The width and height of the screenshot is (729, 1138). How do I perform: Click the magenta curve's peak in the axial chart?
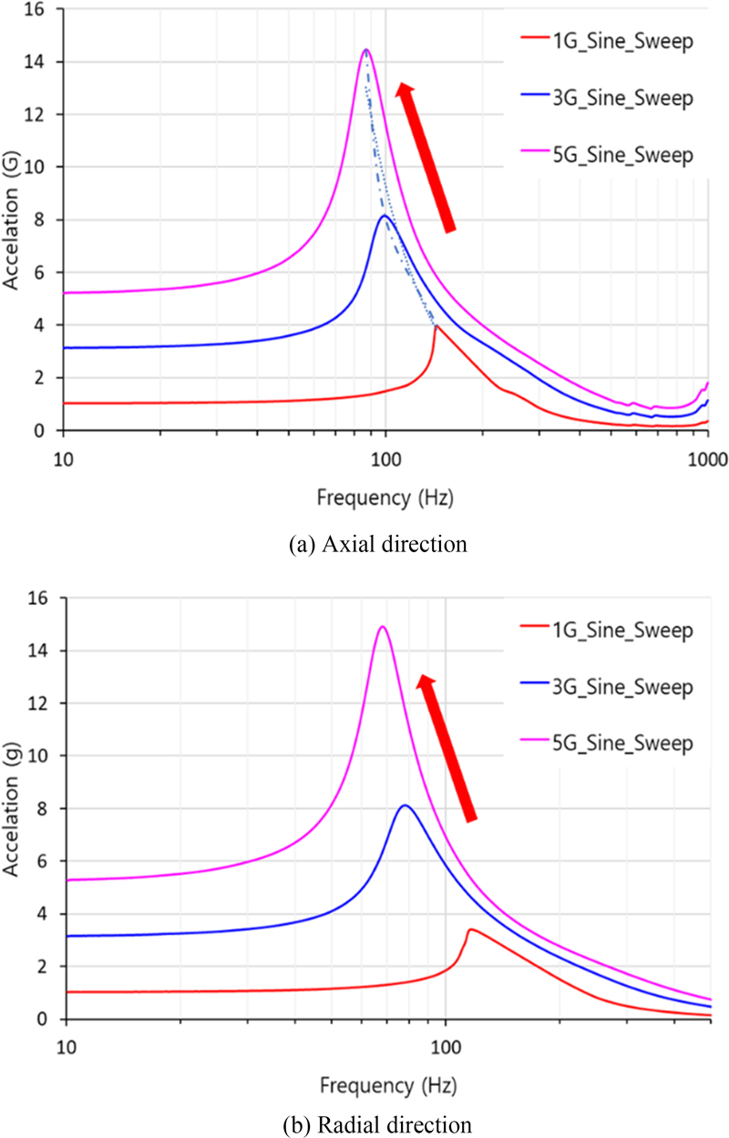365,50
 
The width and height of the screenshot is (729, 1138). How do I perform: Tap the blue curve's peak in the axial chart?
385,216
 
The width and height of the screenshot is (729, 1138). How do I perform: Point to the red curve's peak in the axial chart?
436,326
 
